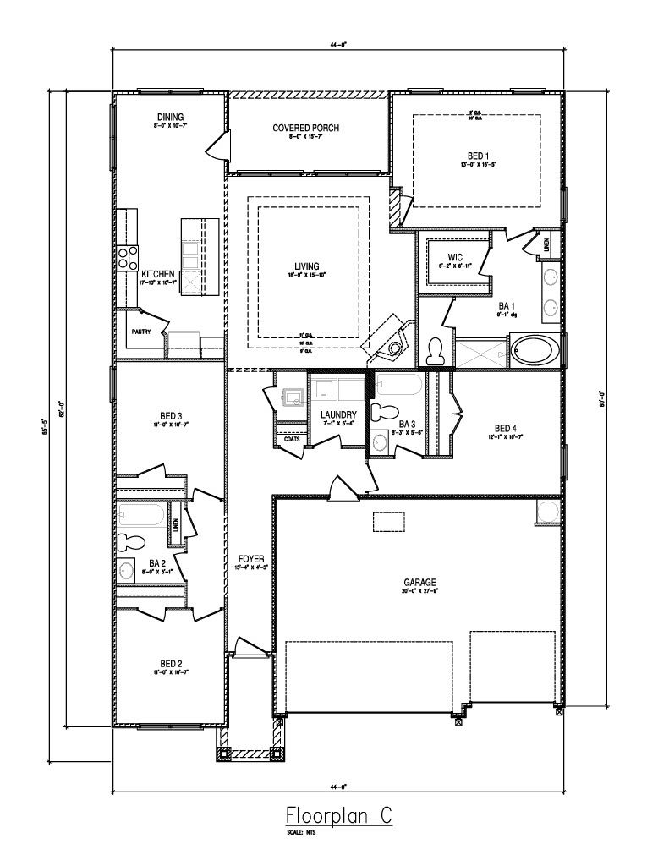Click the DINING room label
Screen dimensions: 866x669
click(170, 117)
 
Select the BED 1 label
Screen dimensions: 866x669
click(478, 156)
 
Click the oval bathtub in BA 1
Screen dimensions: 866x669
click(534, 350)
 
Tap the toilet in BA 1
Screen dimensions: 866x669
click(436, 352)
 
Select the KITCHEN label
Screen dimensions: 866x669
click(158, 274)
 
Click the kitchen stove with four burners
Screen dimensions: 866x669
click(128, 257)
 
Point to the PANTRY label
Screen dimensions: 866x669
click(140, 332)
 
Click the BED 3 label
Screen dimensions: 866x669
click(170, 415)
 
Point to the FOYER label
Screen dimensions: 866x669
click(251, 559)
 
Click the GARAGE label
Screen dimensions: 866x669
click(419, 582)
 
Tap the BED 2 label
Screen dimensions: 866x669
click(170, 664)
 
